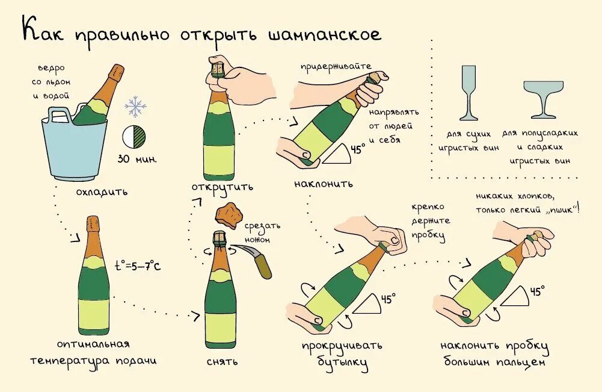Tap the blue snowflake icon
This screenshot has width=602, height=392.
135,107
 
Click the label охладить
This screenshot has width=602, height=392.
102,192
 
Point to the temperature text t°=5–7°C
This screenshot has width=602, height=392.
138,265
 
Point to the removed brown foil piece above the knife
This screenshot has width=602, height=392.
227,215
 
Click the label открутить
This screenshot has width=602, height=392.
223,186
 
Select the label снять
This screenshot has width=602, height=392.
221,361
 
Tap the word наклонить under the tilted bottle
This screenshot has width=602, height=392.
324,183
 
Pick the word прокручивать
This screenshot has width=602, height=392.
342,346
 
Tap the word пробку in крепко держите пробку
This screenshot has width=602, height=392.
429,235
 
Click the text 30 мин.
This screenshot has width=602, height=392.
137,160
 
